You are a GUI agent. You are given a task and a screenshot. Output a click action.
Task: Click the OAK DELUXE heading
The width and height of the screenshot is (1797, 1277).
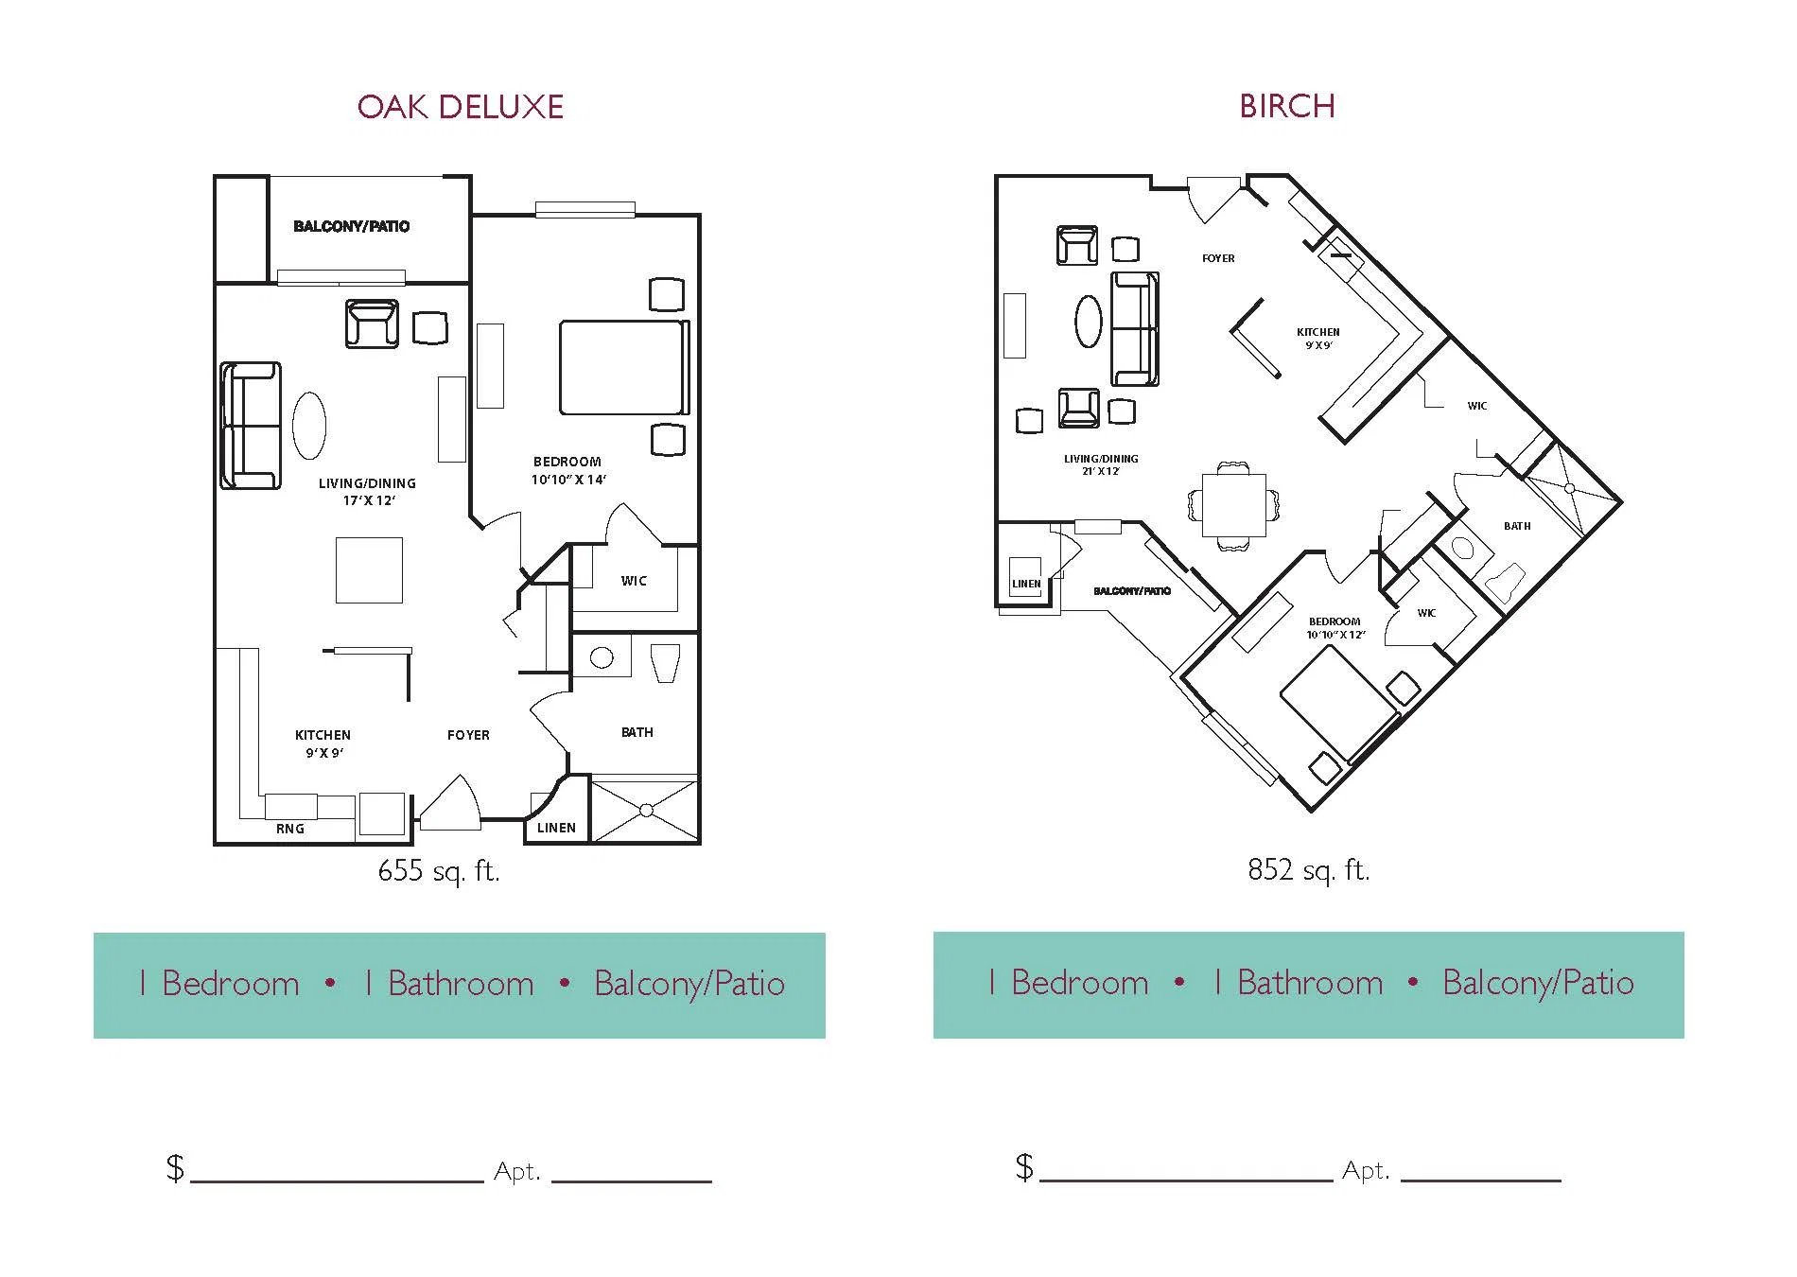click(461, 106)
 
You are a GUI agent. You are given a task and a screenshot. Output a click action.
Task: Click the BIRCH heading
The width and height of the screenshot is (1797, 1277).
click(1287, 106)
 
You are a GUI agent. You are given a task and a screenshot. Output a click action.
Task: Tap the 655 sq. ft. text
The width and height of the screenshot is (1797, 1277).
click(439, 870)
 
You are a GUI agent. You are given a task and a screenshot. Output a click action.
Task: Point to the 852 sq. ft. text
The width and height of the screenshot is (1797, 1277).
click(1309, 869)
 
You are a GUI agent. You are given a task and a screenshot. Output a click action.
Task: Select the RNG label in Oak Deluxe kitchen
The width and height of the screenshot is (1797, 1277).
click(290, 829)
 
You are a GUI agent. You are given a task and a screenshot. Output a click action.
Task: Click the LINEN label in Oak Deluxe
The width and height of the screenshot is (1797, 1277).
click(556, 828)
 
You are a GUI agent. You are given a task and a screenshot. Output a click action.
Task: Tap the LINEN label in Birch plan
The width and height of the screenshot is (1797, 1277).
click(1026, 584)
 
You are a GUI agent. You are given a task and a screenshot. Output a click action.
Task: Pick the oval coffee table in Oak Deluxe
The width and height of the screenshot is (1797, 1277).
click(309, 426)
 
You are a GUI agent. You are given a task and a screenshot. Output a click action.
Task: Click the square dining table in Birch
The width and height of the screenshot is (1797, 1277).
click(1234, 505)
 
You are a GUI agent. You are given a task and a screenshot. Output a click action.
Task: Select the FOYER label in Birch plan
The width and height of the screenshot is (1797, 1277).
click(1218, 258)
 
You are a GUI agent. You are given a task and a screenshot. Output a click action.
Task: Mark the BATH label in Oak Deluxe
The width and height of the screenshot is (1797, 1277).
click(637, 732)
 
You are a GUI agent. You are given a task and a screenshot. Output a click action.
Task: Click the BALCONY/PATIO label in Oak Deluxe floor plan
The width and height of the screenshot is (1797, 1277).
click(352, 226)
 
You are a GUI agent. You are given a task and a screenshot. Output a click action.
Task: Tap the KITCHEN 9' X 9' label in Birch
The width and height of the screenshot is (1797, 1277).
click(1318, 339)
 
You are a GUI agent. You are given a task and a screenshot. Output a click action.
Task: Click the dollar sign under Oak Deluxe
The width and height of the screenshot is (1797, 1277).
click(175, 1168)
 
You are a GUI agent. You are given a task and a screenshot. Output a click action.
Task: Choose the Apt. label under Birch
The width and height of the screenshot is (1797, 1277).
click(1366, 1171)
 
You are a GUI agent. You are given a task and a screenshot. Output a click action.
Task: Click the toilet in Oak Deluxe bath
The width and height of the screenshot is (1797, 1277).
click(666, 663)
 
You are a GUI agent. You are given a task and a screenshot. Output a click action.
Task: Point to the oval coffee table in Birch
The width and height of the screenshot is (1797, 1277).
click(1089, 322)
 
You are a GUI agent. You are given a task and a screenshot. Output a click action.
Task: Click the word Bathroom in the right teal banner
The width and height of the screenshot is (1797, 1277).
click(1310, 983)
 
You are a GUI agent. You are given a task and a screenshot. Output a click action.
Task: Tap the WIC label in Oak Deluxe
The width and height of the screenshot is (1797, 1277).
click(634, 581)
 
